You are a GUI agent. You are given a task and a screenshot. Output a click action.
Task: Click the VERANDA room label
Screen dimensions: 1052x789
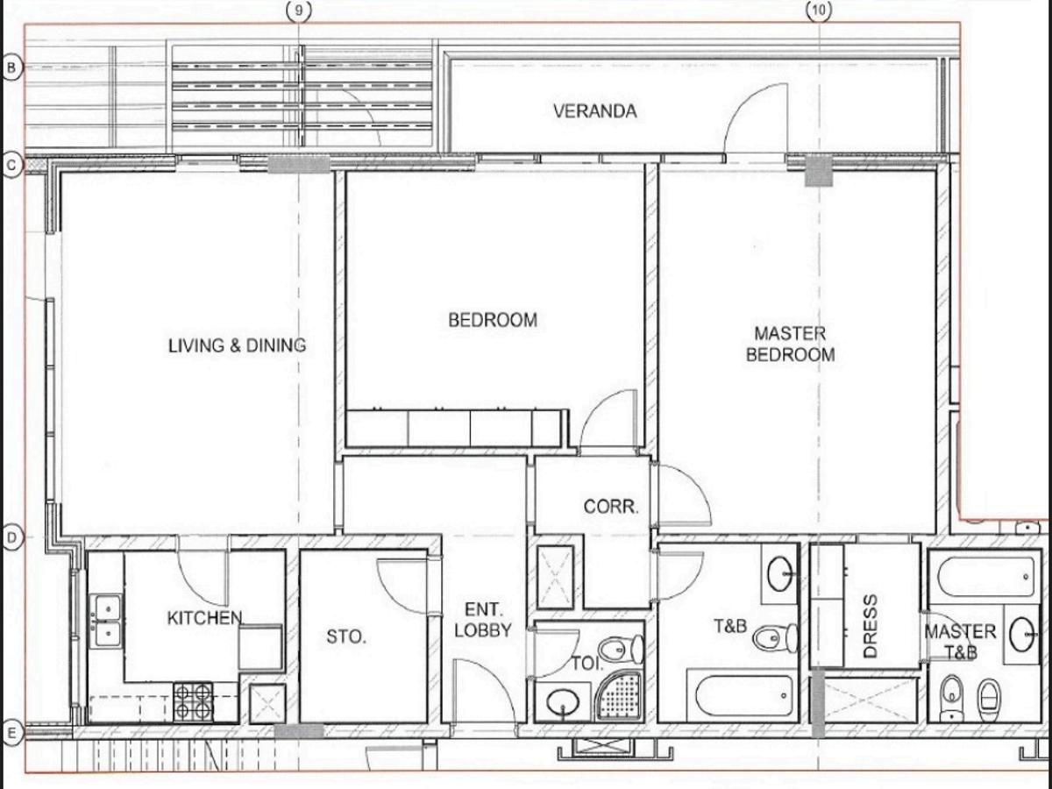coord(594,111)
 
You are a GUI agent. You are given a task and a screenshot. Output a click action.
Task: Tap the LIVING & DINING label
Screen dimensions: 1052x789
coord(238,345)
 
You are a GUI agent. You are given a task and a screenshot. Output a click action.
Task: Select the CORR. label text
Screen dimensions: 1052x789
coord(611,507)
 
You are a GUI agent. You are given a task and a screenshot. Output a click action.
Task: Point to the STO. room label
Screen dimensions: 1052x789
coord(346,636)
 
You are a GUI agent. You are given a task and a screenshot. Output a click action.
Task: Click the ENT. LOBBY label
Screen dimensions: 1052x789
coord(483,620)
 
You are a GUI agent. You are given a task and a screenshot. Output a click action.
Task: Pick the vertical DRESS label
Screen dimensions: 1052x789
coord(870,626)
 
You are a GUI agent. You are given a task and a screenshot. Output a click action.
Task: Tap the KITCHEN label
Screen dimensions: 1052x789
coord(204,618)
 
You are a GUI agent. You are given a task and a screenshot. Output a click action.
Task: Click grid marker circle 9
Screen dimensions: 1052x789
coord(299,11)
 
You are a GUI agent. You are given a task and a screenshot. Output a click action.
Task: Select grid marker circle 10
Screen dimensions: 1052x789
coord(819,10)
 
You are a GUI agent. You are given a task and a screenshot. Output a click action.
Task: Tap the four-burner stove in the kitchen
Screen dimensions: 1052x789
coord(193,702)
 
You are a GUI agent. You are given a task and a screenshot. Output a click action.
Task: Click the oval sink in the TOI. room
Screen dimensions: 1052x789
coord(563,703)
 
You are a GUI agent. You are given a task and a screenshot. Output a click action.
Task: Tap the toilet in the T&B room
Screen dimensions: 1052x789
coord(775,637)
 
